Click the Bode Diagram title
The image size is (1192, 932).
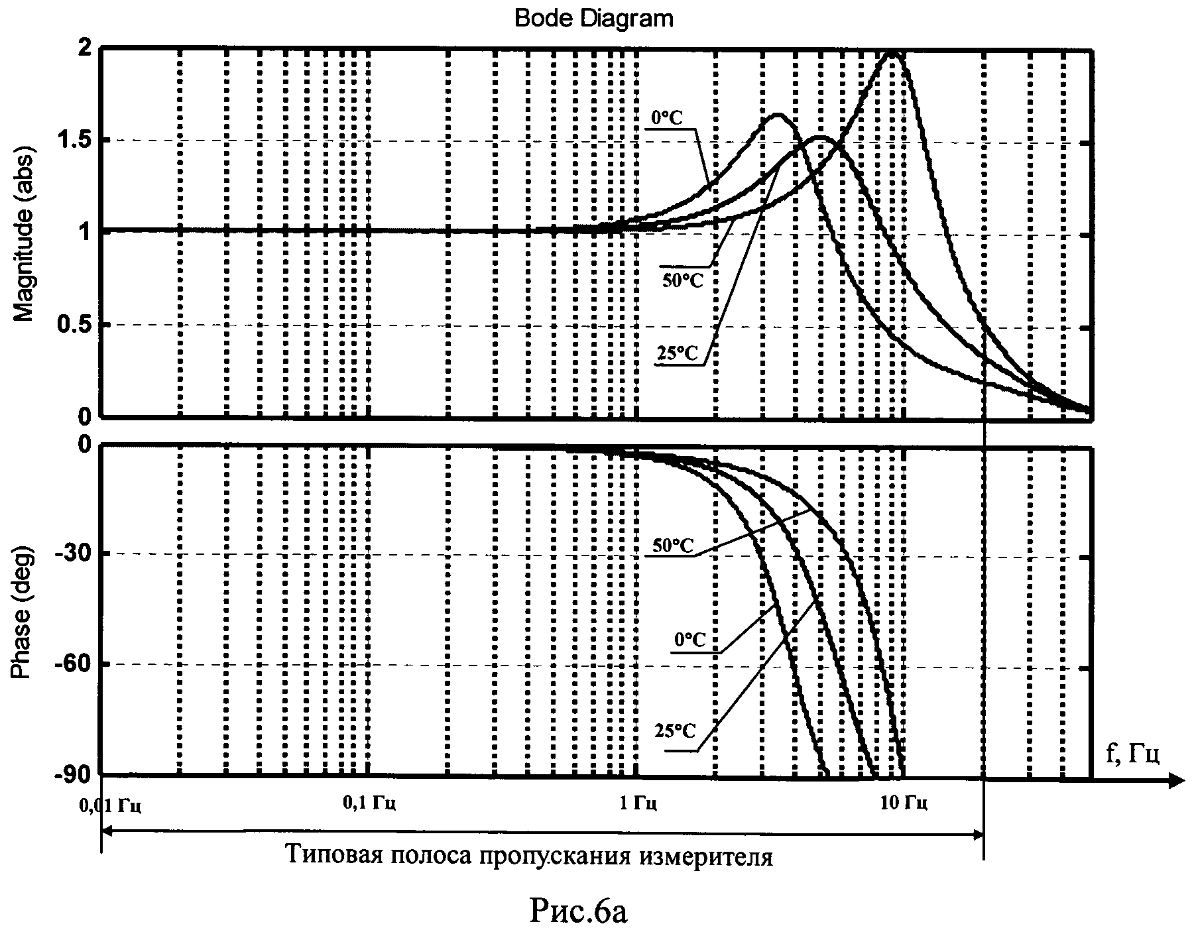593,18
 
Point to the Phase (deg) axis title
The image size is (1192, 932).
24,611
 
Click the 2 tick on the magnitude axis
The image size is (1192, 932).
85,48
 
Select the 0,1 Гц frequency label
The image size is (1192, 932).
369,804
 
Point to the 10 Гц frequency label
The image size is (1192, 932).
903,804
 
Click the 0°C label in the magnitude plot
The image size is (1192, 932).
666,117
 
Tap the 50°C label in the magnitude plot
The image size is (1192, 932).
682,280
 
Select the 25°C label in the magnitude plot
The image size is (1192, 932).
678,354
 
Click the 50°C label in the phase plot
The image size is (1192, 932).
673,546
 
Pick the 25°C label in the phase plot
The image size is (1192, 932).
675,731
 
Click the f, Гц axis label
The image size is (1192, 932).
1132,754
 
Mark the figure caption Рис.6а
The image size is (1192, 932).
578,912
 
